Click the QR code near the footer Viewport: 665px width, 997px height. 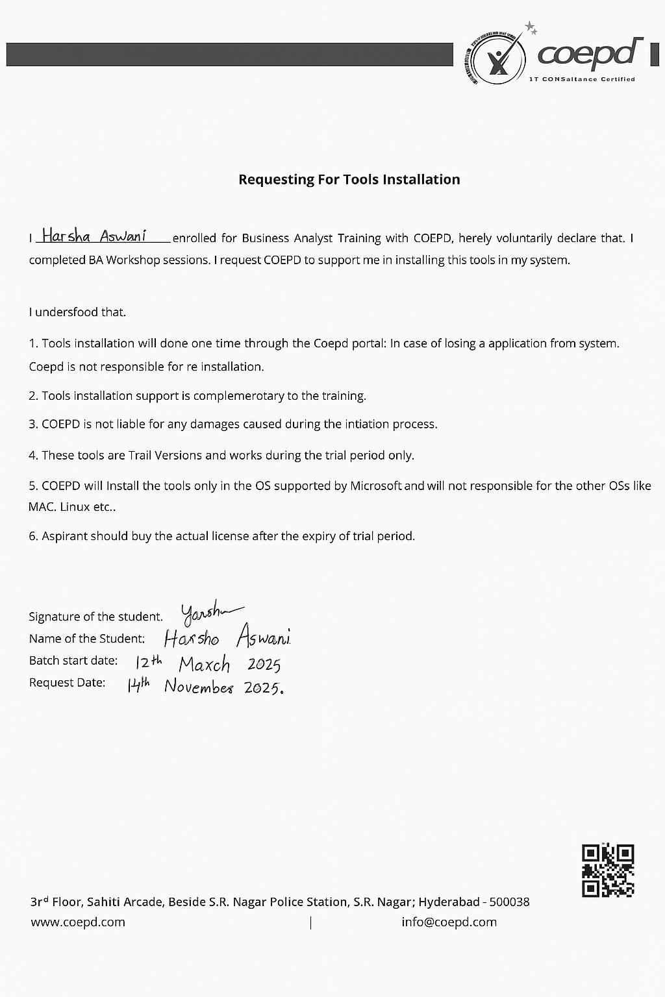click(x=608, y=870)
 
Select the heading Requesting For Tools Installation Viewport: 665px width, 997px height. click(x=349, y=180)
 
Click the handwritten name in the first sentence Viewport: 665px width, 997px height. click(x=94, y=236)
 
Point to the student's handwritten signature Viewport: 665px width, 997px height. click(x=210, y=611)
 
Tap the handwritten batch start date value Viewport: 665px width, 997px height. click(x=208, y=663)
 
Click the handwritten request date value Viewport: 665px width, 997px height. click(x=205, y=686)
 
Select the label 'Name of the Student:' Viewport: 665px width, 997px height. click(x=87, y=639)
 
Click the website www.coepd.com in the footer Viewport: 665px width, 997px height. click(x=78, y=922)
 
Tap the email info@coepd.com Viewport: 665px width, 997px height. click(x=449, y=922)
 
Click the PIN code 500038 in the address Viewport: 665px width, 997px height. click(x=509, y=902)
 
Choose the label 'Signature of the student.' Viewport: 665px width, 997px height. click(x=95, y=617)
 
